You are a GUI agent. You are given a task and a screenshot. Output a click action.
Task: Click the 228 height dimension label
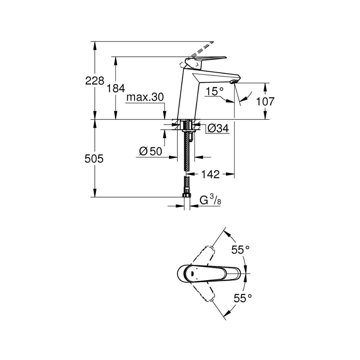click(x=95, y=81)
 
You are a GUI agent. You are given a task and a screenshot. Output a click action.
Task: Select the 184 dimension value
click(x=116, y=88)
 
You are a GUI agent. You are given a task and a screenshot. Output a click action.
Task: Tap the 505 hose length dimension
click(x=95, y=159)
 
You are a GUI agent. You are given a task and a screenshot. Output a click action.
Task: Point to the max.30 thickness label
click(x=145, y=97)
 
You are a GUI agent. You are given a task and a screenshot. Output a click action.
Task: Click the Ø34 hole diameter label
click(x=218, y=128)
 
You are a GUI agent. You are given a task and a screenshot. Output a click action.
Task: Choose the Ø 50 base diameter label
click(x=150, y=152)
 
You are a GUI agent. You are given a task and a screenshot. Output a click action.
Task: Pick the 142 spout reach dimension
click(x=211, y=174)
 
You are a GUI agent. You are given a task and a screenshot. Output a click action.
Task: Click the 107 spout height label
click(x=265, y=101)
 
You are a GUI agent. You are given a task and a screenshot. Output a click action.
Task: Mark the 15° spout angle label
click(x=214, y=91)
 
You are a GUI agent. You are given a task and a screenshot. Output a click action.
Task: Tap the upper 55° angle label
click(x=241, y=250)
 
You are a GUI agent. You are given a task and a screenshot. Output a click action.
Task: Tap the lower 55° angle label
click(x=242, y=298)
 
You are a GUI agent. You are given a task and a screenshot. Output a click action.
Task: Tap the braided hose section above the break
click(x=187, y=153)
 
